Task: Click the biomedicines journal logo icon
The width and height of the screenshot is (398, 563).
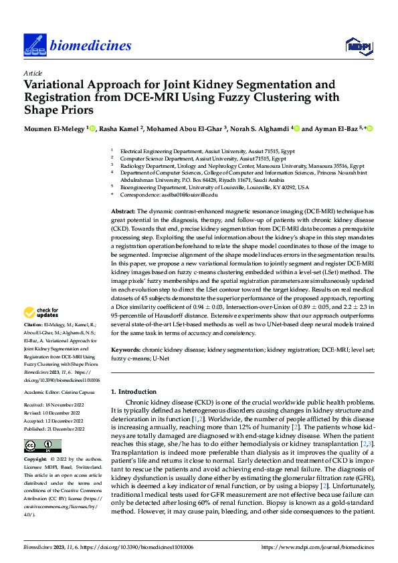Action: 34,45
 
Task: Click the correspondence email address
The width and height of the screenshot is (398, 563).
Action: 180,195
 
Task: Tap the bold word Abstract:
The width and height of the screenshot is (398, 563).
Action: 124,211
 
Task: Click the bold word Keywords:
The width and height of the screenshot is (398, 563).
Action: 126,350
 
